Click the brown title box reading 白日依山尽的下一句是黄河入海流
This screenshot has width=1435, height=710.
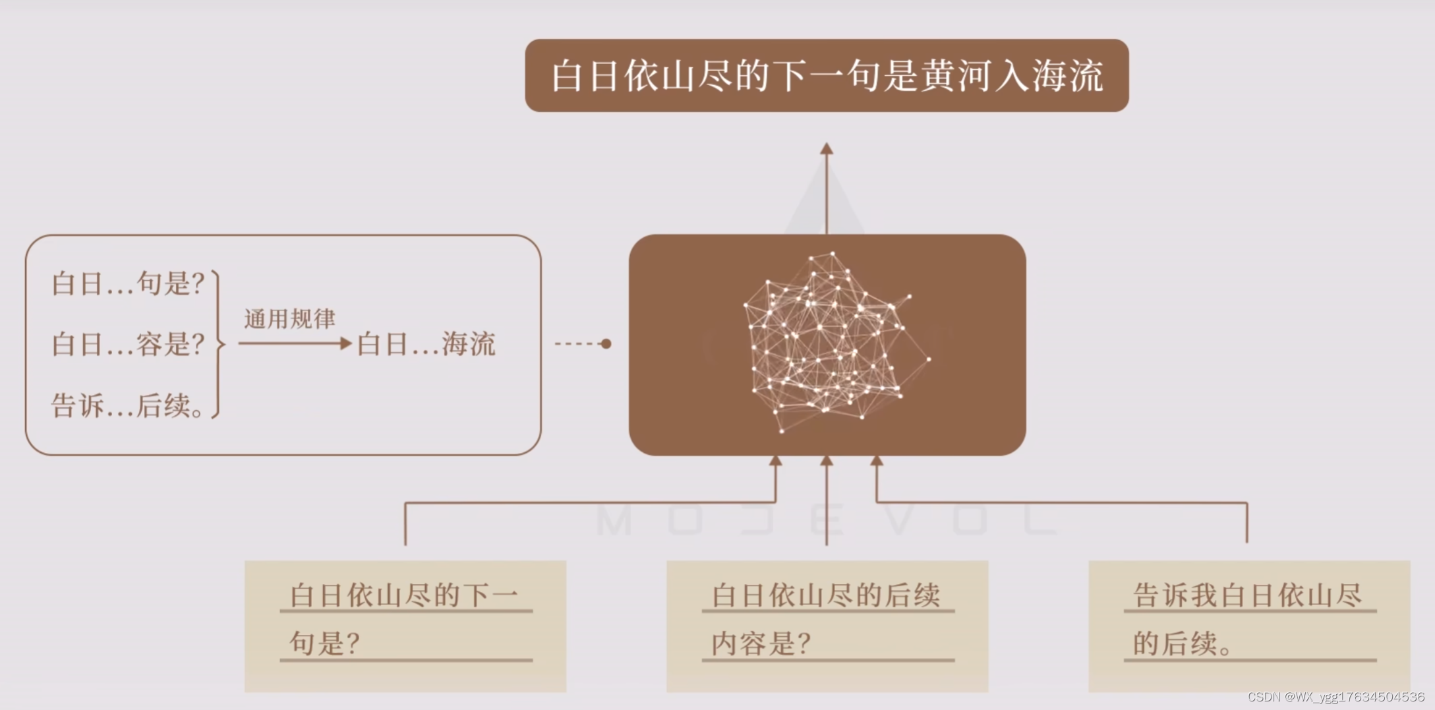pos(827,75)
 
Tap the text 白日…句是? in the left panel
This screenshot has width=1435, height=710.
pos(128,283)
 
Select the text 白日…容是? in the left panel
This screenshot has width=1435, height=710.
pos(128,344)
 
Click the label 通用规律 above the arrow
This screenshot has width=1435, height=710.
pos(289,319)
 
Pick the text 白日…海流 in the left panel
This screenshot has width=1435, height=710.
pos(426,344)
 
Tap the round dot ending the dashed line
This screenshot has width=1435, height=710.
pos(606,343)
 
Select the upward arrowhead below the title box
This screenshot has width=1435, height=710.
pos(827,149)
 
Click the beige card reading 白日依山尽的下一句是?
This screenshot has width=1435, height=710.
pos(405,626)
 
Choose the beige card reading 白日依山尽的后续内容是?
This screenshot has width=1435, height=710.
pos(827,626)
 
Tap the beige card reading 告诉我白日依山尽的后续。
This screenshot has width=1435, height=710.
pos(1248,626)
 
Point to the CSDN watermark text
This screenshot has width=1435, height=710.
pos(1335,697)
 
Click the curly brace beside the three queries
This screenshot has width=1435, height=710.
pos(218,344)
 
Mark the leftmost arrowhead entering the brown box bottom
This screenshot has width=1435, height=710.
pos(776,461)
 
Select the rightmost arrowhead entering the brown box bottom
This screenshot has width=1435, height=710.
pos(877,461)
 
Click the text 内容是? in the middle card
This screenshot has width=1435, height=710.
pos(761,643)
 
